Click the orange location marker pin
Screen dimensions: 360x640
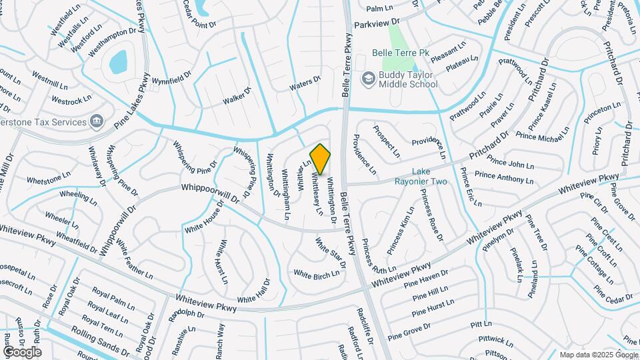pos(321,159)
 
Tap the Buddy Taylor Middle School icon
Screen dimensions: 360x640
pos(368,79)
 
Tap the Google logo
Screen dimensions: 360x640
pos(22,351)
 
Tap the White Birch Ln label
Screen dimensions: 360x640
pos(317,274)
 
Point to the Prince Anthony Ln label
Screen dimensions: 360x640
pos(504,177)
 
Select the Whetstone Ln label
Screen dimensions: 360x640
pos(49,179)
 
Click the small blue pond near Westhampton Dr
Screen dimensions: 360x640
pos(119,63)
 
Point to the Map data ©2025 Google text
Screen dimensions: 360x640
pos(598,355)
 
